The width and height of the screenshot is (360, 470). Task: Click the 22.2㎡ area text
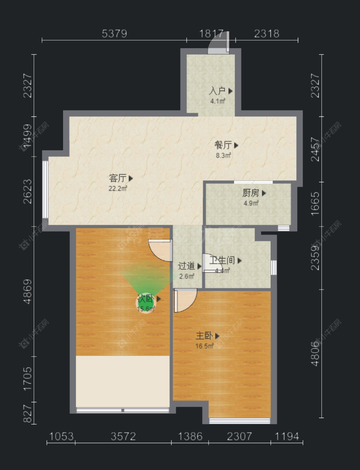pyautogui.click(x=118, y=188)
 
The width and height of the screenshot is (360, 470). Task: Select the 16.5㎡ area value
pyautogui.click(x=204, y=346)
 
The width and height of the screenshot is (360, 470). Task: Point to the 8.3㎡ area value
pyautogui.click(x=224, y=155)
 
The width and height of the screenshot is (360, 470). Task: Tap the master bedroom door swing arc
pyautogui.click(x=185, y=301)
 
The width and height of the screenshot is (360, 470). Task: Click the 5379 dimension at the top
pyautogui.click(x=114, y=34)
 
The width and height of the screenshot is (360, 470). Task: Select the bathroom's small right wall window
pyautogui.click(x=274, y=268)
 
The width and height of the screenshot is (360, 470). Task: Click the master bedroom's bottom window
pyautogui.click(x=240, y=421)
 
